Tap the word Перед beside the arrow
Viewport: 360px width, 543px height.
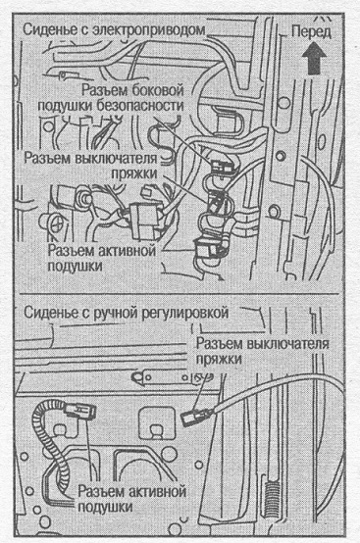coord(312,32)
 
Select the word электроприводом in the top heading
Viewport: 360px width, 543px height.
coord(150,30)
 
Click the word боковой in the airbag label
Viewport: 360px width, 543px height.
coord(158,90)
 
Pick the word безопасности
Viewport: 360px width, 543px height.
coord(139,106)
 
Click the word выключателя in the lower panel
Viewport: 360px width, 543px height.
coord(287,344)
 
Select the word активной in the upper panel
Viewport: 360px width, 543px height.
coord(126,250)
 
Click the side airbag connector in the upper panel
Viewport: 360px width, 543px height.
coord(221,167)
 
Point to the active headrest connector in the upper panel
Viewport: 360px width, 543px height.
coord(207,247)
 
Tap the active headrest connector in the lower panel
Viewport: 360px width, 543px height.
coord(79,411)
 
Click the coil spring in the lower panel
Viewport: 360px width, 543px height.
coord(273,495)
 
